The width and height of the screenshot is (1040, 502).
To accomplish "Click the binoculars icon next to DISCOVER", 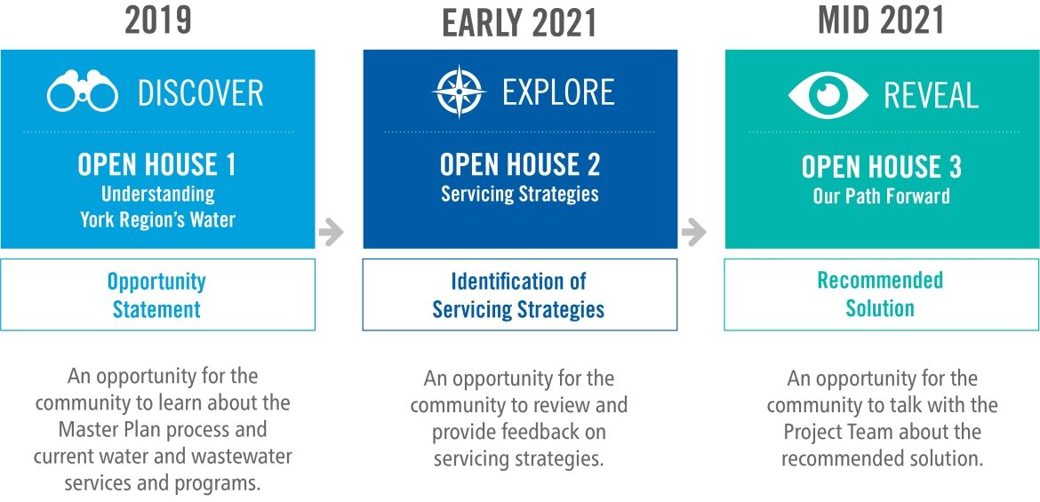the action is (x=83, y=92).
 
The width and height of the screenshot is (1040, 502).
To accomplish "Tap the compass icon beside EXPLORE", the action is (x=459, y=92).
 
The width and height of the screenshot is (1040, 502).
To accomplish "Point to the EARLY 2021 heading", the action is (x=520, y=23).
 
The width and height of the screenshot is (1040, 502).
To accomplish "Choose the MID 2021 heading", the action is (x=881, y=20).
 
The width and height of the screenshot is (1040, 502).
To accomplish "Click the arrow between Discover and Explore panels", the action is (x=331, y=232).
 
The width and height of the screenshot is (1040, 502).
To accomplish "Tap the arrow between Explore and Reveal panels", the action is (x=693, y=232).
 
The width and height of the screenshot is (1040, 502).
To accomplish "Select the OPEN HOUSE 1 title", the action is (x=156, y=165).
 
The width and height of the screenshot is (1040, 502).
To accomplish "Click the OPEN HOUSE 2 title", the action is (x=520, y=165).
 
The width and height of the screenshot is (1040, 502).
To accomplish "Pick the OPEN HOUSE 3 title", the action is (x=882, y=166).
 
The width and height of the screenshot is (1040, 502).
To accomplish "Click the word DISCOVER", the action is (x=200, y=92).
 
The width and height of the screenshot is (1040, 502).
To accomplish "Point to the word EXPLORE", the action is (x=558, y=92).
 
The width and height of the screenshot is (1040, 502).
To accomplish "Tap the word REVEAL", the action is (x=932, y=96).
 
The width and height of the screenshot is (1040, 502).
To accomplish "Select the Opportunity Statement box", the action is (x=158, y=294).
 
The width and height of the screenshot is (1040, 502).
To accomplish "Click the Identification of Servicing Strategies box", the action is (x=520, y=294).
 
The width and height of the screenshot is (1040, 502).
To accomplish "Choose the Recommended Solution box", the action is (x=882, y=294).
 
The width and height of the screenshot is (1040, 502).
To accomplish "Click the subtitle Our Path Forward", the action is (x=882, y=196).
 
